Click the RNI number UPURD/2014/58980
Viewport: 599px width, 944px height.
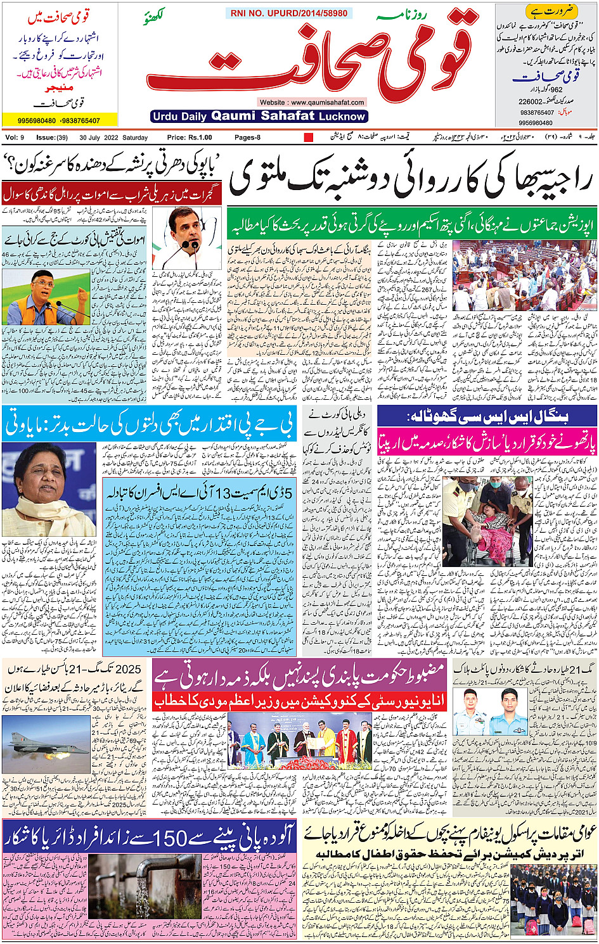(x=289, y=13)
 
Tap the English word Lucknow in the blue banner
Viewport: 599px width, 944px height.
(x=342, y=117)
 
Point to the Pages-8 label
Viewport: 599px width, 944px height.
(x=247, y=137)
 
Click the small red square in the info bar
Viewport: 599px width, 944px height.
(x=309, y=137)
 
